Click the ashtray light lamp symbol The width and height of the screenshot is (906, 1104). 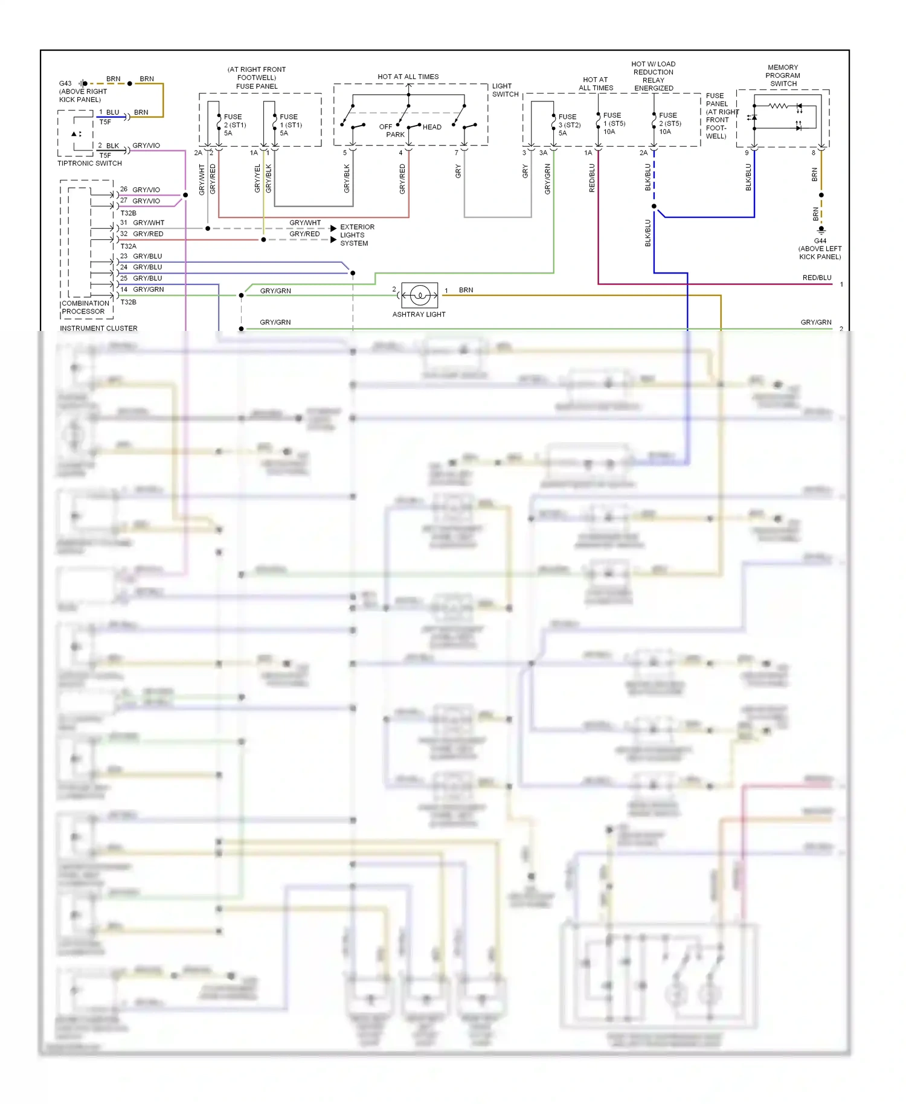click(x=419, y=295)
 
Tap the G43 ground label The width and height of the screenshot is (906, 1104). click(x=65, y=83)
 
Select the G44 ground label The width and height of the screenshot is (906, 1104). click(x=820, y=240)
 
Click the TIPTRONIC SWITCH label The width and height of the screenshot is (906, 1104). click(x=89, y=163)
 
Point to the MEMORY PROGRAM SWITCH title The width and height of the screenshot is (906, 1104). click(x=783, y=75)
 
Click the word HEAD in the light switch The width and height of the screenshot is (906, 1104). click(x=432, y=127)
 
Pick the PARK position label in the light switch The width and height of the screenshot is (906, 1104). click(x=395, y=135)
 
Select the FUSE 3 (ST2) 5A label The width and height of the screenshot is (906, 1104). click(x=569, y=125)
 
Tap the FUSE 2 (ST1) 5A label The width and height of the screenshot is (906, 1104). click(x=234, y=125)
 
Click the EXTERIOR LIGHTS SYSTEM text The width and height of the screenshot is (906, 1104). click(x=357, y=235)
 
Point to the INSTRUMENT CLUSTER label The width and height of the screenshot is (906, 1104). click(x=98, y=329)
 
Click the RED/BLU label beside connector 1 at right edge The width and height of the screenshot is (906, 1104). click(x=817, y=278)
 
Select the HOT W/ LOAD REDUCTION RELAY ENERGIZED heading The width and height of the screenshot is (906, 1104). click(x=654, y=76)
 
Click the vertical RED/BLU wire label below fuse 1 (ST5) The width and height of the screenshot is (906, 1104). click(x=592, y=178)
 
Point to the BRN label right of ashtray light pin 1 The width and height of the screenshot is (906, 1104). click(x=466, y=290)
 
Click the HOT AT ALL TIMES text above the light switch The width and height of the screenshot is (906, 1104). click(x=408, y=77)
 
